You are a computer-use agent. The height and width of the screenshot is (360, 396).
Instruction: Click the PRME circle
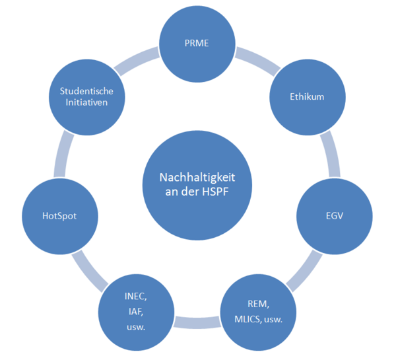click(197, 44)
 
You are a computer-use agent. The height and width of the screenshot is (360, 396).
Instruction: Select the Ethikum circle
click(308, 97)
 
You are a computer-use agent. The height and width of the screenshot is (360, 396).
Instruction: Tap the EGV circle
click(335, 217)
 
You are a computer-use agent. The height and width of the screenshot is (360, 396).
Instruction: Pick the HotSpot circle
click(60, 217)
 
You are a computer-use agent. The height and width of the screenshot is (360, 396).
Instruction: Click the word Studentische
click(86, 91)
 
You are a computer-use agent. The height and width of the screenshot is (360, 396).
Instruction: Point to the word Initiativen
click(86, 102)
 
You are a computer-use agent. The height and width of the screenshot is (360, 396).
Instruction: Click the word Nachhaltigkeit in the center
click(197, 178)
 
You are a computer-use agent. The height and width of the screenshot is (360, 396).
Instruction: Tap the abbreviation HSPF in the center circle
click(215, 192)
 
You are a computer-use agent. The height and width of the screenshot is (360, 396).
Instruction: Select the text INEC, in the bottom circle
click(135, 297)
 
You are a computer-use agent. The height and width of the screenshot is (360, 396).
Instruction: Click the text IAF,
click(136, 312)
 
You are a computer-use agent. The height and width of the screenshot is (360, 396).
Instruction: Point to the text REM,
click(258, 304)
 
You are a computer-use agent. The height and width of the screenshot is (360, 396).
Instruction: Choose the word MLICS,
click(248, 320)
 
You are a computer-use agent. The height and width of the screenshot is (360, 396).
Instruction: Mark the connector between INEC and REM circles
click(197, 322)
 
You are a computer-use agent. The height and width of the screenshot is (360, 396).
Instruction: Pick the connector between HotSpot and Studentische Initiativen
click(63, 154)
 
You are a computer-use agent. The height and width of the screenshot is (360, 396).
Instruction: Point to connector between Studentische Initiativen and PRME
click(137, 61)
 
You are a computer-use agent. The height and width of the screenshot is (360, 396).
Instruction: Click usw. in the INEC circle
click(136, 328)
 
